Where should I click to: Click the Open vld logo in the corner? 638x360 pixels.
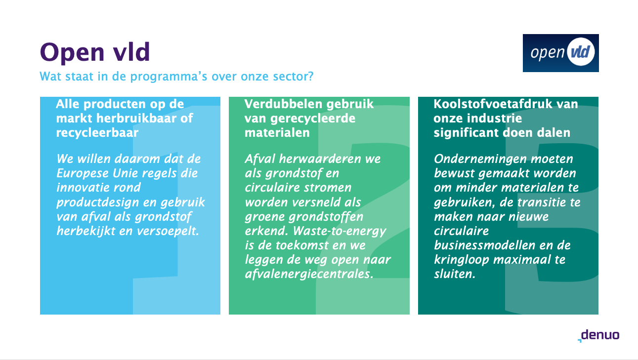point(560,53)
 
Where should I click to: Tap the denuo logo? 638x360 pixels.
point(598,335)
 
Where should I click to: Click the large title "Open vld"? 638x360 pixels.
point(95,52)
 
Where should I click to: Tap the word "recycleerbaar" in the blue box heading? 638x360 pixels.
point(97,133)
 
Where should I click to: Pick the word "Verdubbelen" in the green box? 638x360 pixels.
point(283,104)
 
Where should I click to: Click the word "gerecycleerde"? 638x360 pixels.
point(313,119)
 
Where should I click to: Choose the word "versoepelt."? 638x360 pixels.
point(168,231)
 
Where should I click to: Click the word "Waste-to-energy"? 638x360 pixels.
point(340,231)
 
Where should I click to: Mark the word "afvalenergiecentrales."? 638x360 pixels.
point(309,274)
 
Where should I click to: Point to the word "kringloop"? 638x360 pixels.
point(462,260)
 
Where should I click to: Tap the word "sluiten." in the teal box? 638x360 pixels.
point(455,274)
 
